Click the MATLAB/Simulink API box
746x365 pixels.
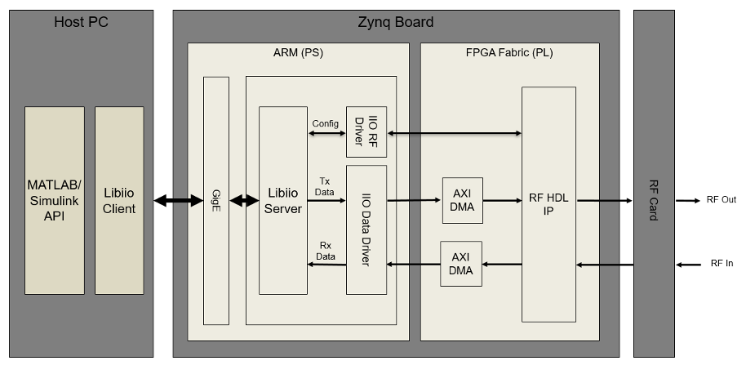point(54,201)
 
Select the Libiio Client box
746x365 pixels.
point(119,201)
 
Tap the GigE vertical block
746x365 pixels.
point(216,201)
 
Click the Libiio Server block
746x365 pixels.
point(282,201)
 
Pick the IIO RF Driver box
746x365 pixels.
point(366,131)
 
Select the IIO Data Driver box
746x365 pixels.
point(366,229)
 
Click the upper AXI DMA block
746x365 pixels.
point(462,200)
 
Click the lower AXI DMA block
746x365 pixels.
point(461,263)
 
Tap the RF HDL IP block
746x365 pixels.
point(548,204)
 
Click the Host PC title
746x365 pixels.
point(81,22)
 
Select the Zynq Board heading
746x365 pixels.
point(396,22)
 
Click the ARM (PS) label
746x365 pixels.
point(298,54)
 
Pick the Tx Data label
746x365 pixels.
point(325,185)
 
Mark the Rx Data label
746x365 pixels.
point(326,250)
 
